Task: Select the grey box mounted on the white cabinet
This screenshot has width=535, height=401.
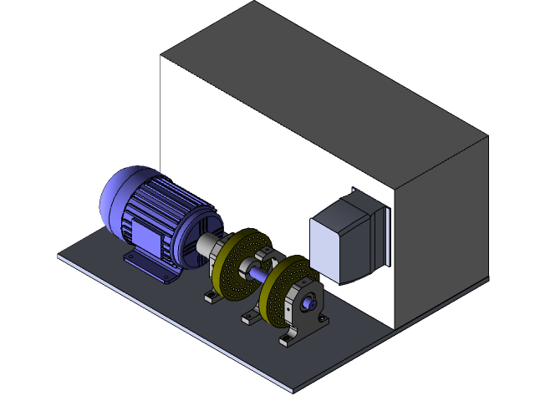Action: [339, 242]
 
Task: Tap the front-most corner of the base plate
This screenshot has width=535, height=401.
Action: [295, 391]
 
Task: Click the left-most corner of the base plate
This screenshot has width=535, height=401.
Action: [59, 256]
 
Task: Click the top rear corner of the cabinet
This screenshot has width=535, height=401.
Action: [253, 3]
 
